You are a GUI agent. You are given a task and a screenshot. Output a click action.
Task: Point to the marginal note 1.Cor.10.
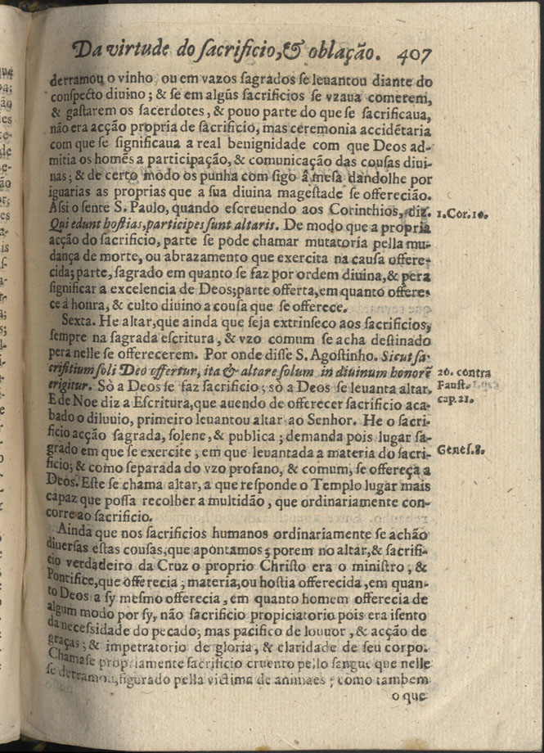click(x=462, y=214)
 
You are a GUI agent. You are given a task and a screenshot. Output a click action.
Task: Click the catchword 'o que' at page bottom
click(x=409, y=697)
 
